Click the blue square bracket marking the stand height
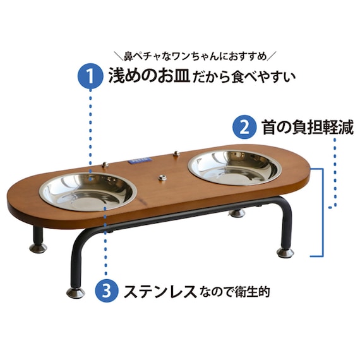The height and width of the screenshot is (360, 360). [x=321, y=212]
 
